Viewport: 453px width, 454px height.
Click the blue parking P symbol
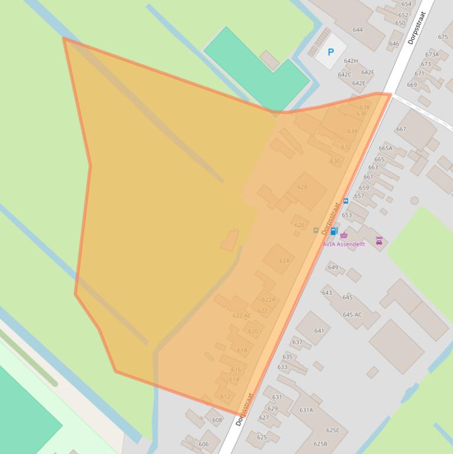click(x=330, y=52)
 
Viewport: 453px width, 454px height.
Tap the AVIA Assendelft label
click(x=344, y=244)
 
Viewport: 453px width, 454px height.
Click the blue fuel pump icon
click(x=334, y=231)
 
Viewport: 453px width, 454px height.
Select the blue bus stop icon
click(x=346, y=201)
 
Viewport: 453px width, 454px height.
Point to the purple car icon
click(x=379, y=241)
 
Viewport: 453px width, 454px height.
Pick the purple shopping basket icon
click(x=344, y=235)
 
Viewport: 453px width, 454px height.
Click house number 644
click(x=358, y=29)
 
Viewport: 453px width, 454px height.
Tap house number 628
click(x=302, y=187)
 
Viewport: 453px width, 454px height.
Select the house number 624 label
click(x=285, y=260)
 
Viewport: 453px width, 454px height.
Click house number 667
click(x=401, y=129)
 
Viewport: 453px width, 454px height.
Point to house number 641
click(x=319, y=331)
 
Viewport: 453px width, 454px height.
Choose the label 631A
click(x=306, y=410)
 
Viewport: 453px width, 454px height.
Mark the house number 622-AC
click(x=242, y=315)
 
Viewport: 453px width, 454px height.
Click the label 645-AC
click(x=352, y=315)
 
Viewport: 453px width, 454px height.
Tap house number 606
click(x=204, y=444)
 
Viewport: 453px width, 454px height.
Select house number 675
click(x=443, y=37)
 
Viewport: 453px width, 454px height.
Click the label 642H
click(x=351, y=61)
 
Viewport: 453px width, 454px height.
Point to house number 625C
click(x=333, y=430)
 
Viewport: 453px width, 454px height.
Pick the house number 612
click(x=225, y=397)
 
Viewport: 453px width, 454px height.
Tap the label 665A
click(x=385, y=149)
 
